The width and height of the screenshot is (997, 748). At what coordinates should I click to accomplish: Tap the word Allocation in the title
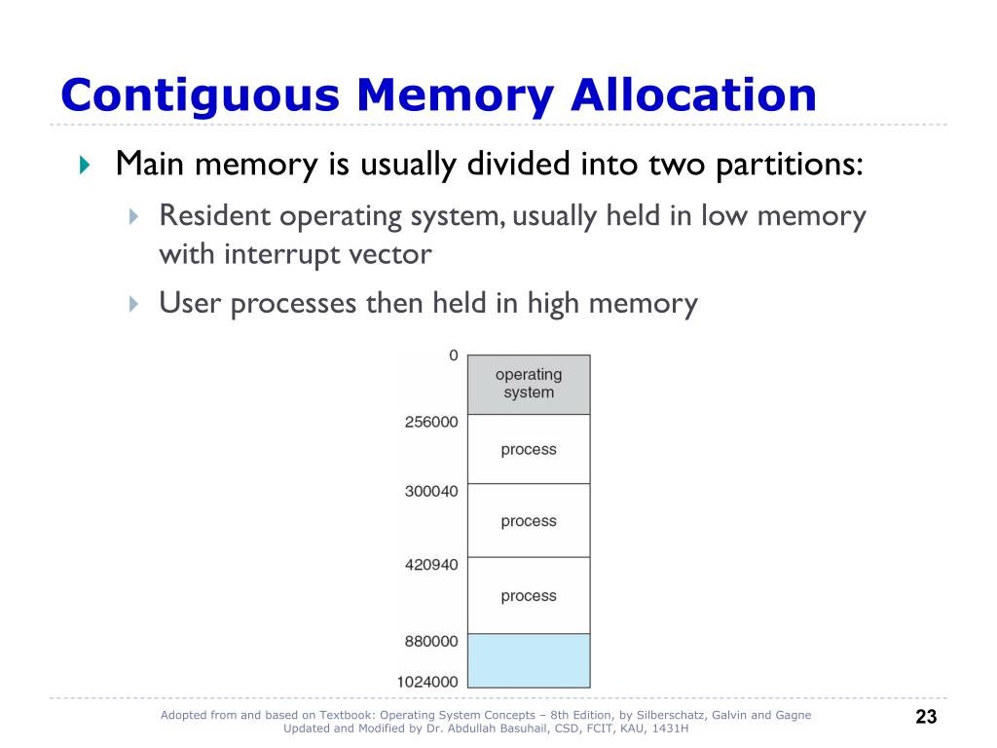tap(692, 95)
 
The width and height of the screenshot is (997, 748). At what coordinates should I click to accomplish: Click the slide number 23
tap(926, 718)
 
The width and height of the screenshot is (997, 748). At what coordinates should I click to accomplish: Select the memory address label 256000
tap(431, 422)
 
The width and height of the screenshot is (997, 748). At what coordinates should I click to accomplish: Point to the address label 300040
tap(431, 491)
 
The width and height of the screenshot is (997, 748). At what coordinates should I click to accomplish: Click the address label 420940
tap(431, 564)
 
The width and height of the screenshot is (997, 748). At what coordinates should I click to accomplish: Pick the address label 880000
tap(431, 642)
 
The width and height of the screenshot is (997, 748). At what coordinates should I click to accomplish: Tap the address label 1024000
tap(427, 682)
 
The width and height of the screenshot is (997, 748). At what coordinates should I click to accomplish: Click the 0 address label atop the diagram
tap(453, 355)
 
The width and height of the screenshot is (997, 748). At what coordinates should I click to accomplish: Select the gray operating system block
tap(529, 385)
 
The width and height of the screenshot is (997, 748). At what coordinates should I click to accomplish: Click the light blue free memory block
tap(529, 661)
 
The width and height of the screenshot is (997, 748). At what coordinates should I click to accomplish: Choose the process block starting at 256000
tap(529, 449)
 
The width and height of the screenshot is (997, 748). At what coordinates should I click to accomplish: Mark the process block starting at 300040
tap(529, 521)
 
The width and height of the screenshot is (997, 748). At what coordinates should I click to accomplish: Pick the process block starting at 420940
tap(529, 595)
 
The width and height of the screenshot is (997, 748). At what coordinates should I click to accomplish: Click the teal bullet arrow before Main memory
tap(84, 165)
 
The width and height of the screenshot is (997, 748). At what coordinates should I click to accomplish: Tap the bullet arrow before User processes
tap(134, 305)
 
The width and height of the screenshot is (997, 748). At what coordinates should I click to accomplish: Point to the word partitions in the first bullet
tap(789, 165)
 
